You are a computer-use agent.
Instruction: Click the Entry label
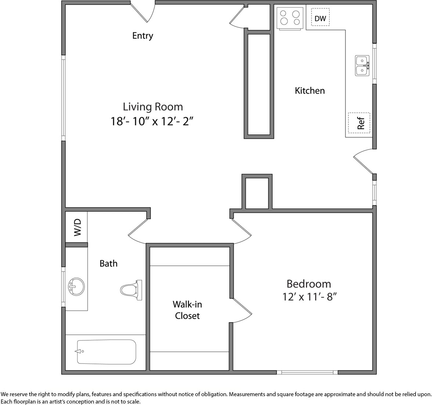pyautogui.click(x=143, y=36)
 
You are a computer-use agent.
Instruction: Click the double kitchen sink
pyautogui.click(x=362, y=65)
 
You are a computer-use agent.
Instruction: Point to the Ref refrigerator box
pyautogui.click(x=359, y=123)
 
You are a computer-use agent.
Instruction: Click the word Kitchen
pyautogui.click(x=310, y=91)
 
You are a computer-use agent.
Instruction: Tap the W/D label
pyautogui.click(x=78, y=227)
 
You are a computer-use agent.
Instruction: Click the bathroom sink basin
pyautogui.click(x=76, y=287)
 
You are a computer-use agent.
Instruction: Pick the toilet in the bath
pyautogui.click(x=131, y=290)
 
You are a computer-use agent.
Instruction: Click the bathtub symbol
pyautogui.click(x=107, y=352)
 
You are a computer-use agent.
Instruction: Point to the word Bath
pyautogui.click(x=109, y=264)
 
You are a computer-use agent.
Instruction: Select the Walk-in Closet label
pyautogui.click(x=187, y=310)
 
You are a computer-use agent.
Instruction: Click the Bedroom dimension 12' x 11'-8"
pyautogui.click(x=310, y=297)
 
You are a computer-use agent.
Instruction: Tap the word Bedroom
pyautogui.click(x=309, y=283)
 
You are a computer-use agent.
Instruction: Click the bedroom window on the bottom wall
pyautogui.click(x=307, y=372)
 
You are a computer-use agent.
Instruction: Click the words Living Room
pyautogui.click(x=153, y=107)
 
